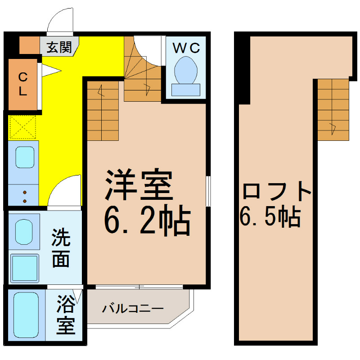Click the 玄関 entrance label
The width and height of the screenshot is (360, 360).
(59, 47)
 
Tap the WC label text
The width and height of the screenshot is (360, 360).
(186, 48)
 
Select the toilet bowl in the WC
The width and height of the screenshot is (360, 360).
(186, 70)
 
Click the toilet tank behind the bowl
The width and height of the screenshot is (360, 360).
(186, 90)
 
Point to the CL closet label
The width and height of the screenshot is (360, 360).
(23, 84)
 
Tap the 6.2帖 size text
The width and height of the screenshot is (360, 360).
(147, 220)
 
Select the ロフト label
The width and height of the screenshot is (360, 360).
(277, 190)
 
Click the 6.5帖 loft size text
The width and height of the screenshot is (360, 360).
(270, 217)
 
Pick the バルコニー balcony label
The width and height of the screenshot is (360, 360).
(133, 309)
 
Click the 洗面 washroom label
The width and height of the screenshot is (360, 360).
(61, 248)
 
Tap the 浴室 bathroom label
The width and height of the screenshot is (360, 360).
(66, 314)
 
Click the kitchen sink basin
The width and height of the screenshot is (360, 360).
(25, 157)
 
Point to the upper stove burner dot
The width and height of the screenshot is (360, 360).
(25, 193)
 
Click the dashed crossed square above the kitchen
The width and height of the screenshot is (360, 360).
(22, 127)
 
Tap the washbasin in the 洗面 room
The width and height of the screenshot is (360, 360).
(24, 232)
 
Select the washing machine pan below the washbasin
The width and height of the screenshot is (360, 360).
(25, 268)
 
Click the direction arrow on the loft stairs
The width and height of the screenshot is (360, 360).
(333, 129)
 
